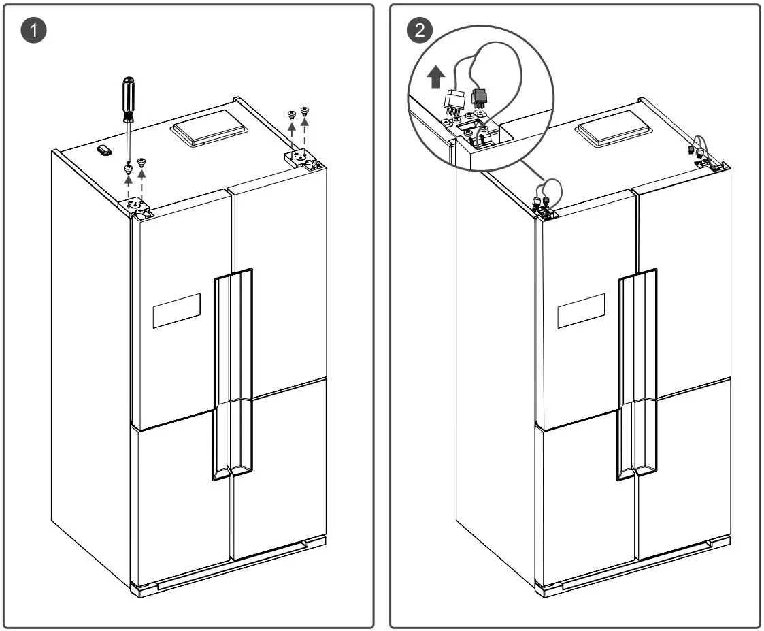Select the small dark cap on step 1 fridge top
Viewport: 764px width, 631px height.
tap(104, 150)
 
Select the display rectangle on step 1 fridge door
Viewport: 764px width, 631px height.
tap(176, 310)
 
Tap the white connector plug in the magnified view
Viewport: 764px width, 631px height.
tap(454, 101)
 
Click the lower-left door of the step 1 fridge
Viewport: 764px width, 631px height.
tap(180, 500)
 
